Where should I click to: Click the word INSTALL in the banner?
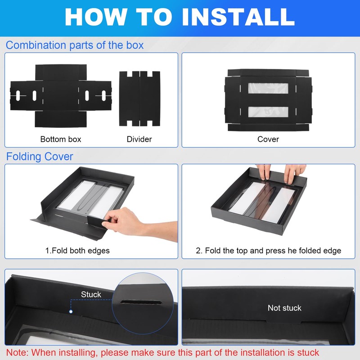point(238,17)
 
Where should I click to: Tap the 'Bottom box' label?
point(61,139)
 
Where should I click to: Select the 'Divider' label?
point(139,139)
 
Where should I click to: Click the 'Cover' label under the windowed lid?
point(268,139)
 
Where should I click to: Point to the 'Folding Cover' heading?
point(40,157)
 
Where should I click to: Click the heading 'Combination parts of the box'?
point(75,45)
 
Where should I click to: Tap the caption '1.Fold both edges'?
point(77,251)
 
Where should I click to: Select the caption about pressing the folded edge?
point(268,251)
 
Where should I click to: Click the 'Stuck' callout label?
point(91,294)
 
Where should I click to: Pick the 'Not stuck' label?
point(284,308)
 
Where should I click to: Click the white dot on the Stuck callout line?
point(71,311)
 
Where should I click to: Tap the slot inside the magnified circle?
point(141,302)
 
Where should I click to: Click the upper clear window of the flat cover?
point(268,88)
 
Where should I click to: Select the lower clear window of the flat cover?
point(268,112)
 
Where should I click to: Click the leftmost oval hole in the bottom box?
point(18,95)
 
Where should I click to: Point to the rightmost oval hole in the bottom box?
point(104,95)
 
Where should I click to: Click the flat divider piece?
point(139,99)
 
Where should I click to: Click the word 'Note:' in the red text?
point(17,352)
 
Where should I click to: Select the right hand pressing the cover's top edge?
point(294,173)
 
